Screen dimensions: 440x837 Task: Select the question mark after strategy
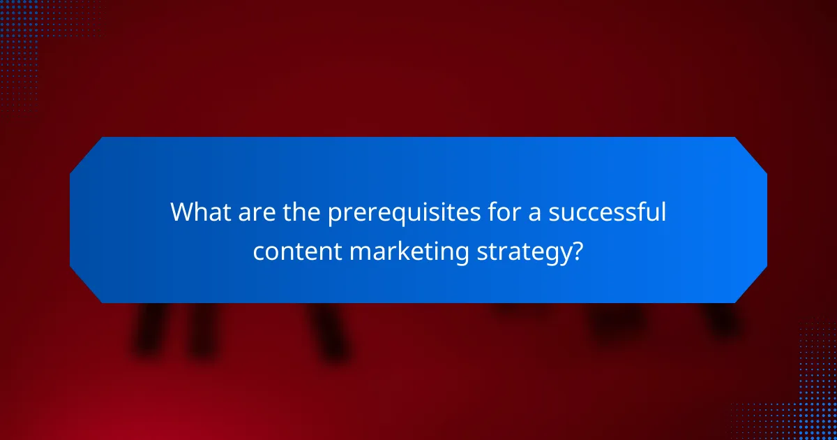[577, 251]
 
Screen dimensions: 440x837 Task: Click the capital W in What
[183, 212]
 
